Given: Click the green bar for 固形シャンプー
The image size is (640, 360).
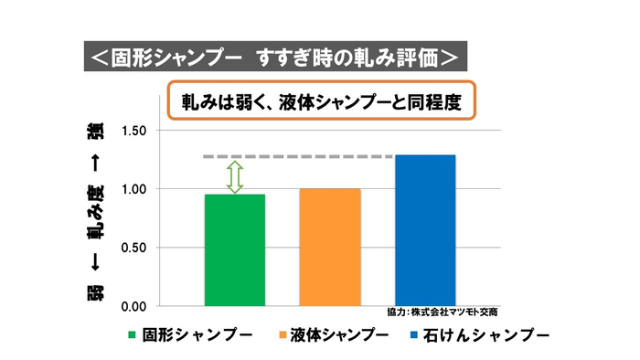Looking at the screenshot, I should point(235,249).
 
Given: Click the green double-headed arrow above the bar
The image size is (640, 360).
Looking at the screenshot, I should point(235,176).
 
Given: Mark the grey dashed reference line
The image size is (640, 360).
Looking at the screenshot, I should point(302,157).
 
